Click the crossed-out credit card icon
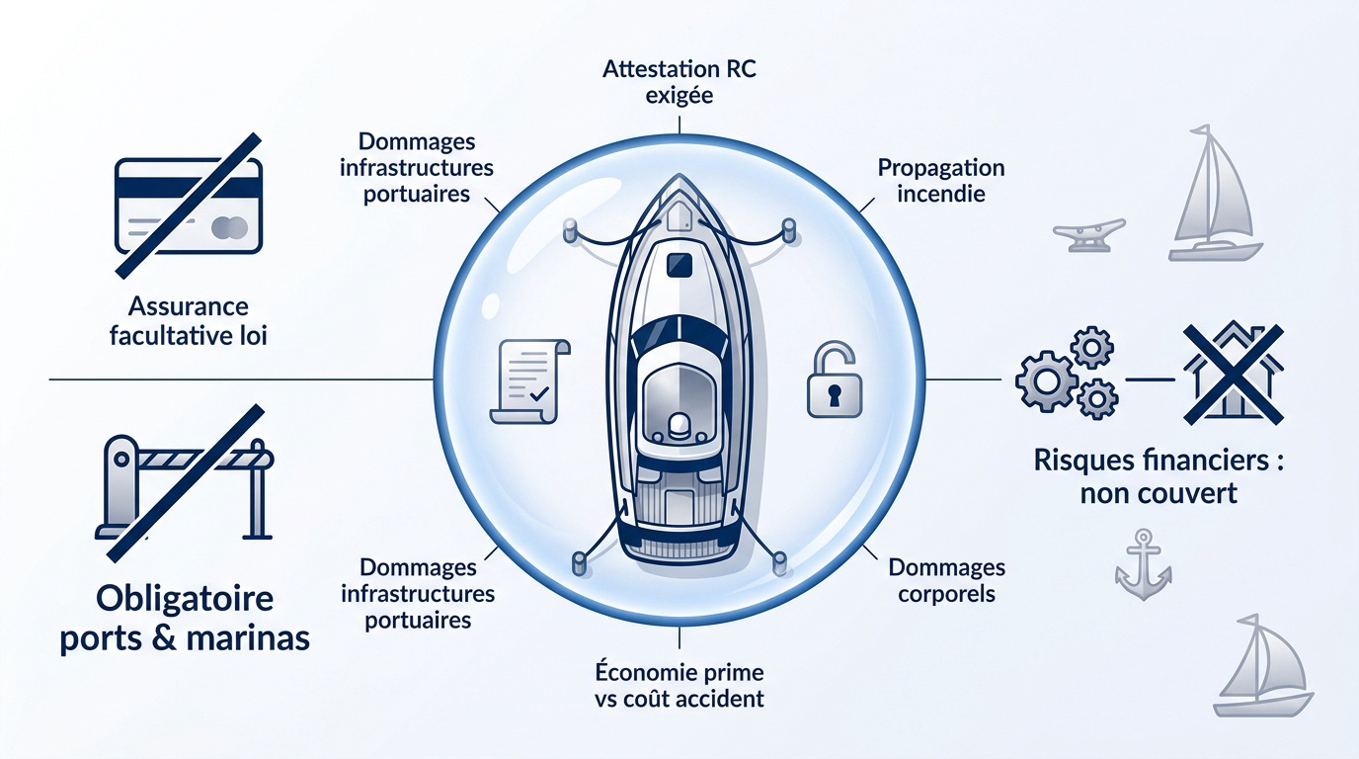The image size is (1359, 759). pyautogui.click(x=188, y=207)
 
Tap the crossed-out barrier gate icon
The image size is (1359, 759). pyautogui.click(x=185, y=483)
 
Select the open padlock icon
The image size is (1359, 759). pyautogui.click(x=835, y=380)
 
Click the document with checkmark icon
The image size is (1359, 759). pyautogui.click(x=529, y=381)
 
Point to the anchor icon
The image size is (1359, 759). pyautogui.click(x=1143, y=564)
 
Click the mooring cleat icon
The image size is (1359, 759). pyautogui.click(x=1089, y=235)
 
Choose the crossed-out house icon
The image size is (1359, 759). pyautogui.click(x=1234, y=374)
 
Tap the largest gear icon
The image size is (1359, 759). pyautogui.click(x=1047, y=381)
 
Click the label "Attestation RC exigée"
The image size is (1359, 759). pyautogui.click(x=679, y=82)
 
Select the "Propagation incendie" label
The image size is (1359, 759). pyautogui.click(x=941, y=180)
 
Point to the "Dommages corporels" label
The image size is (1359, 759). pyautogui.click(x=946, y=580)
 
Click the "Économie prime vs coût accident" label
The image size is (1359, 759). pyautogui.click(x=679, y=686)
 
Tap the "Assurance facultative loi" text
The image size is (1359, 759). pyautogui.click(x=188, y=320)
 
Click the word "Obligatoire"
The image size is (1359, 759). pyautogui.click(x=185, y=599)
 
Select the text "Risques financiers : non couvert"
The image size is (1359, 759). pyautogui.click(x=1159, y=476)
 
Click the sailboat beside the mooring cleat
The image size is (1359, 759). pyautogui.click(x=1214, y=195)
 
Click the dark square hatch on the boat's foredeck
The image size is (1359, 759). pyautogui.click(x=679, y=265)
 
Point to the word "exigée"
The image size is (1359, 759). pyautogui.click(x=679, y=95)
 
